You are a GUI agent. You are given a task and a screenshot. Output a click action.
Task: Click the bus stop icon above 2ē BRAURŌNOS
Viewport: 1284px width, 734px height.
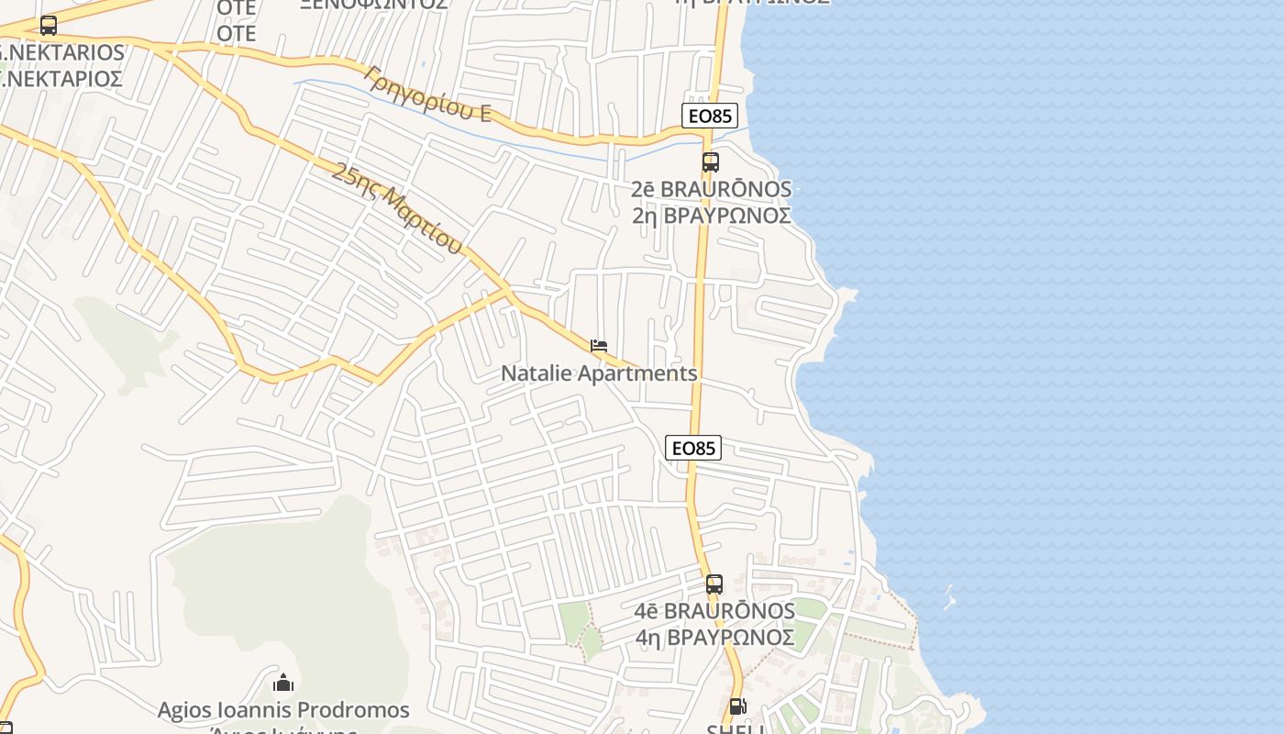[x=711, y=162]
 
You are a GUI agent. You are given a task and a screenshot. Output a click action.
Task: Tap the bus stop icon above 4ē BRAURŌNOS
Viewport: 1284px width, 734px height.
[x=714, y=584]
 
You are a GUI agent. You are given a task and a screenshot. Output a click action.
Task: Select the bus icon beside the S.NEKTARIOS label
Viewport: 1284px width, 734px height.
[x=49, y=26]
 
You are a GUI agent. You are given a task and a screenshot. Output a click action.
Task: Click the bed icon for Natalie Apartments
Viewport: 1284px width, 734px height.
[x=599, y=346]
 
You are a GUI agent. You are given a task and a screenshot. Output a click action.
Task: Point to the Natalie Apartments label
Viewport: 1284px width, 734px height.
[x=599, y=373]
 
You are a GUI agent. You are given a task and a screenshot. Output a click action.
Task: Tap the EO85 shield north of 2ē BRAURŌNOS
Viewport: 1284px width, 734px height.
[x=710, y=116]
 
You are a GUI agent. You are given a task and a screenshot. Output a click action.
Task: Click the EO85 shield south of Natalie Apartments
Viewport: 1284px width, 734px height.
[x=693, y=448]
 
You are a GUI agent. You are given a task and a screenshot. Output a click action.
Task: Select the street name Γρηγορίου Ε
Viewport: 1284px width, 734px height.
[x=427, y=94]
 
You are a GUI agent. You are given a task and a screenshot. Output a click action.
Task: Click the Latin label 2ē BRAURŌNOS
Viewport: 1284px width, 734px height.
[x=711, y=189]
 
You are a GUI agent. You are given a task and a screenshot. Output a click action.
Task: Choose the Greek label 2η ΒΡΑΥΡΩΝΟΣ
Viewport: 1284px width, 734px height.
[x=711, y=216]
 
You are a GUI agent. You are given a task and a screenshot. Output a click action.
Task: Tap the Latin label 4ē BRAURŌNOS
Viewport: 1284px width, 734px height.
[x=714, y=610]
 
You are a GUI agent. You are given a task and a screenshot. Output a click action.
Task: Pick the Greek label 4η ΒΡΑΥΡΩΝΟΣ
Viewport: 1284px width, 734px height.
[x=714, y=637]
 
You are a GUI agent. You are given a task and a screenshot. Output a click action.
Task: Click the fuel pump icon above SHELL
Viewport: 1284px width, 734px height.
[x=737, y=706]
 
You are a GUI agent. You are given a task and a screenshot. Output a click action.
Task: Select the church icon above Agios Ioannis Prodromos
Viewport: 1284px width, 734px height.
[x=283, y=684]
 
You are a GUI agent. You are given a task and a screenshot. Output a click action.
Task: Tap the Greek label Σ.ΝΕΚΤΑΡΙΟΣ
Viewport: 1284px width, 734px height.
[x=62, y=79]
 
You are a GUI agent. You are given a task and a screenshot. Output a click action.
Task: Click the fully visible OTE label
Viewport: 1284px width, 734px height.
[x=236, y=34]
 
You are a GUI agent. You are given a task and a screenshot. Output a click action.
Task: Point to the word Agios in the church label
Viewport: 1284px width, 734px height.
[x=184, y=710]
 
